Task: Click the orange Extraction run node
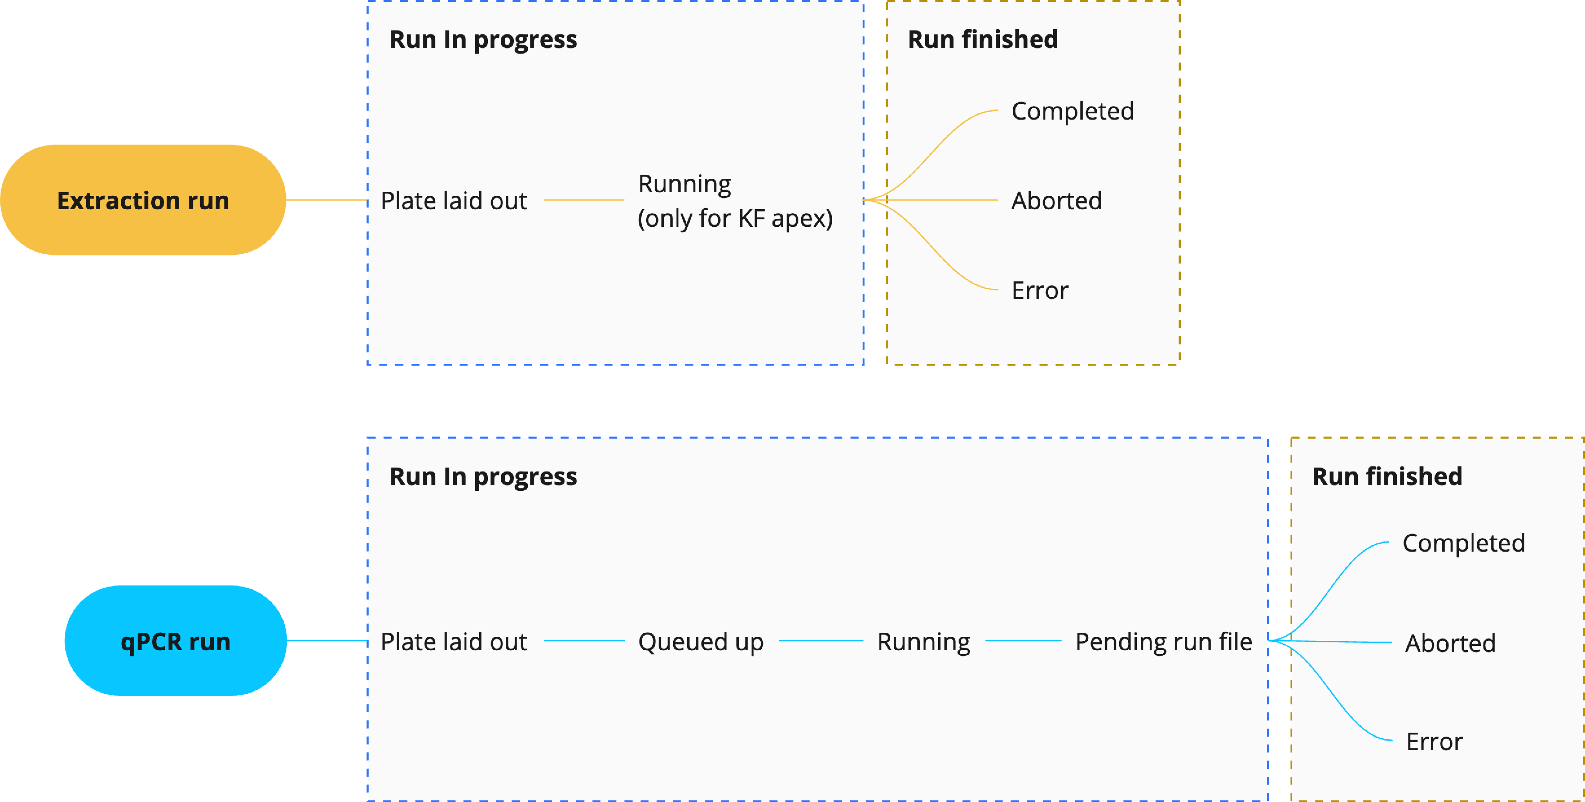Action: point(143,200)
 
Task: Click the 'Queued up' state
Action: point(701,642)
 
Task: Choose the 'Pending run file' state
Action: point(1164,642)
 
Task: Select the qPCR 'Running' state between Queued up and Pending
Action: point(924,642)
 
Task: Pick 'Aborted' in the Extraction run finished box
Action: point(1056,201)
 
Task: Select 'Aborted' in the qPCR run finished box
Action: point(1450,643)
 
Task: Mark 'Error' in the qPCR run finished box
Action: point(1434,742)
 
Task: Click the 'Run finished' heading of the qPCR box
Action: point(1387,476)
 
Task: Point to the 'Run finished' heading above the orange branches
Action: point(983,39)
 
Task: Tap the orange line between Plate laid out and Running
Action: point(584,200)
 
